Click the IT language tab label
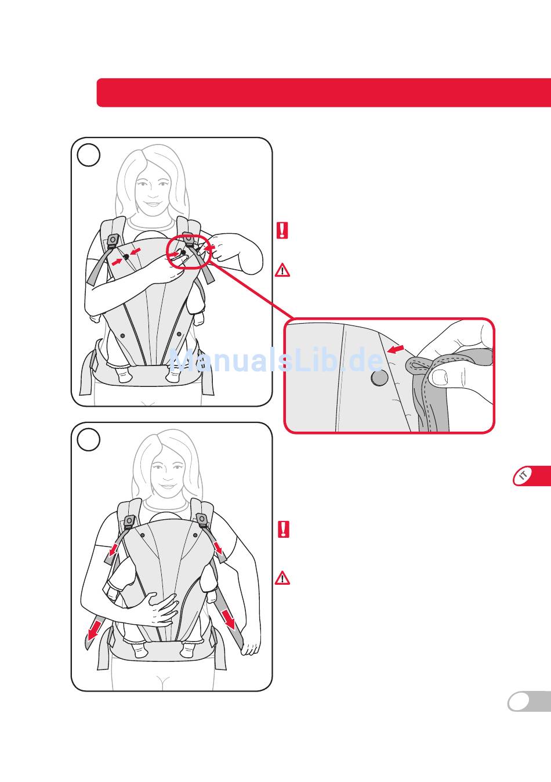tap(523, 475)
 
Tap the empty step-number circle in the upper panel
tap(88, 155)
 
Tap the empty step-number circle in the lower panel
tap(88, 440)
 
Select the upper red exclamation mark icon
tap(282, 230)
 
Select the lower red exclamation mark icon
tap(284, 530)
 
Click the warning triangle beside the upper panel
tap(282, 270)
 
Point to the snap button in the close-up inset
tap(379, 378)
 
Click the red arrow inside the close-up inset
tap(396, 349)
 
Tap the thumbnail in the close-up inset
tap(440, 377)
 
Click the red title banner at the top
tap(324, 92)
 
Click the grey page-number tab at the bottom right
tap(529, 701)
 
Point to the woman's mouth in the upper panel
tap(153, 204)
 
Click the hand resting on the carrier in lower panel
tap(161, 609)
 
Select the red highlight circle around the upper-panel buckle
tap(188, 251)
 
